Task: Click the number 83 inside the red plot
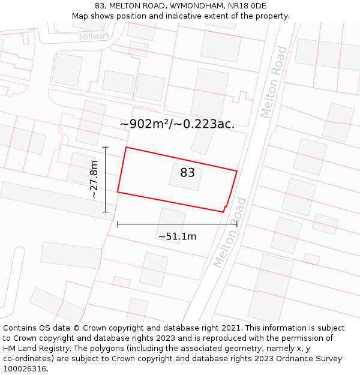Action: pyautogui.click(x=187, y=173)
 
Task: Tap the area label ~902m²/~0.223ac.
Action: pyautogui.click(x=177, y=124)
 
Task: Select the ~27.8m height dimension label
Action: pyautogui.click(x=93, y=179)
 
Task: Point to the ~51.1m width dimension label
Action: pyautogui.click(x=177, y=236)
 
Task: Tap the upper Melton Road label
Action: pyautogui.click(x=274, y=82)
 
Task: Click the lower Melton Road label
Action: pyautogui.click(x=230, y=232)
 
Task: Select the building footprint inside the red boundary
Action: pyautogui.click(x=185, y=177)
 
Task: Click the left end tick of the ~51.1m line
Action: pyautogui.click(x=118, y=224)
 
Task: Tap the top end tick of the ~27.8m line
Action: pyautogui.click(x=106, y=147)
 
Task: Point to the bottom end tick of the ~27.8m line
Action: pyautogui.click(x=106, y=212)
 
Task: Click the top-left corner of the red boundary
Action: pyautogui.click(x=125, y=147)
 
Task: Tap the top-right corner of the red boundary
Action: pyautogui.click(x=236, y=171)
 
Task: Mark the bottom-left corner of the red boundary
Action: pyautogui.click(x=118, y=192)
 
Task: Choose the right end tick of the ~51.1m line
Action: pyautogui.click(x=236, y=224)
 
